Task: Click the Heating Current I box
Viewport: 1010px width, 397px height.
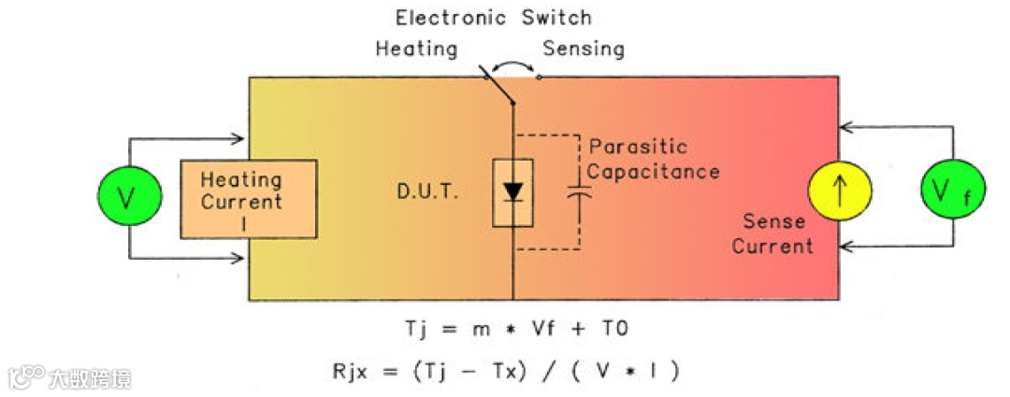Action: (x=248, y=197)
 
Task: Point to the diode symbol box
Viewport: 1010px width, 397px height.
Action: (x=512, y=192)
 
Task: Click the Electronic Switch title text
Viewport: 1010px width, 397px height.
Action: (x=493, y=17)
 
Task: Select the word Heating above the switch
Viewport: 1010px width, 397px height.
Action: (x=416, y=48)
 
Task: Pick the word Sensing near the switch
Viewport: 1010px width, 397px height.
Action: (x=584, y=48)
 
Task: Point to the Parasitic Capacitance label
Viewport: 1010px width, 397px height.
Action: (x=653, y=159)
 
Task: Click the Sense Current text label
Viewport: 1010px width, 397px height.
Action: (x=772, y=234)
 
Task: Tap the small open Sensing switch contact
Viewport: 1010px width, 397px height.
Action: (x=539, y=78)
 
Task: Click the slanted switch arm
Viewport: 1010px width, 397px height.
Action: (x=498, y=86)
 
